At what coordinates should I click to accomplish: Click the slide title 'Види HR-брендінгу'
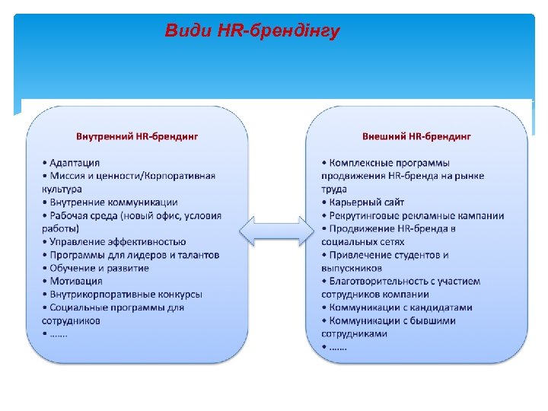(x=252, y=31)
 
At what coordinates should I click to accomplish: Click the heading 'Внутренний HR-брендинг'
(x=137, y=137)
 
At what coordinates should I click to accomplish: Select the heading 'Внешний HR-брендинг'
(x=416, y=137)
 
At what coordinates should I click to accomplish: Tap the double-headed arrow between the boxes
(x=277, y=230)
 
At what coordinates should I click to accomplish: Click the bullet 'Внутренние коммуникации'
(x=114, y=202)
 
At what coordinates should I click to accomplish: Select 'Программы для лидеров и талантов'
(x=134, y=255)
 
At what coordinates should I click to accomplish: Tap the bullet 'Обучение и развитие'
(x=99, y=268)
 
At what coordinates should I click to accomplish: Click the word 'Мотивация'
(x=77, y=281)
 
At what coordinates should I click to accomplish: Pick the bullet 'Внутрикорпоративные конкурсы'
(x=126, y=294)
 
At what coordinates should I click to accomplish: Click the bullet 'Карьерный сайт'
(x=367, y=202)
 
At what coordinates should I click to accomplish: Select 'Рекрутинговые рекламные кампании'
(x=416, y=215)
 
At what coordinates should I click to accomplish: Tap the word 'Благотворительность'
(x=378, y=281)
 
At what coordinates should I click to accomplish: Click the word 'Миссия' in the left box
(x=68, y=176)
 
